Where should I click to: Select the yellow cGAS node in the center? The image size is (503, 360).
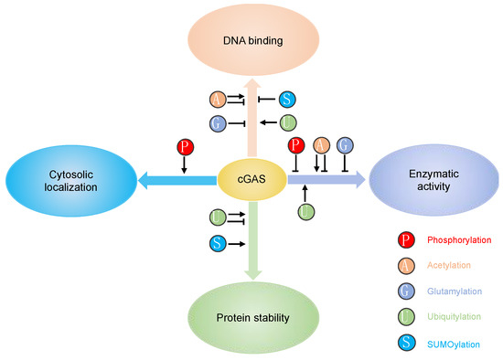pos(251,181)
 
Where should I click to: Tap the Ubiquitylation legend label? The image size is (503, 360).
pos(453,316)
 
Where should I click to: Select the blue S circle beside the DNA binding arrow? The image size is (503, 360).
pos(287,99)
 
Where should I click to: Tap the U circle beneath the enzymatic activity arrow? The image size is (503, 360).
pos(305,212)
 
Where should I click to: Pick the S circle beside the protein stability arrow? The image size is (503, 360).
pos(218,244)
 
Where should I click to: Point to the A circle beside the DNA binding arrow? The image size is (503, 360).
pos(218,99)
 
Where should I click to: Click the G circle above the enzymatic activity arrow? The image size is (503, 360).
pos(345,144)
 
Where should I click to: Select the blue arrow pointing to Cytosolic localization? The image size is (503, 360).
pos(178,181)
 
